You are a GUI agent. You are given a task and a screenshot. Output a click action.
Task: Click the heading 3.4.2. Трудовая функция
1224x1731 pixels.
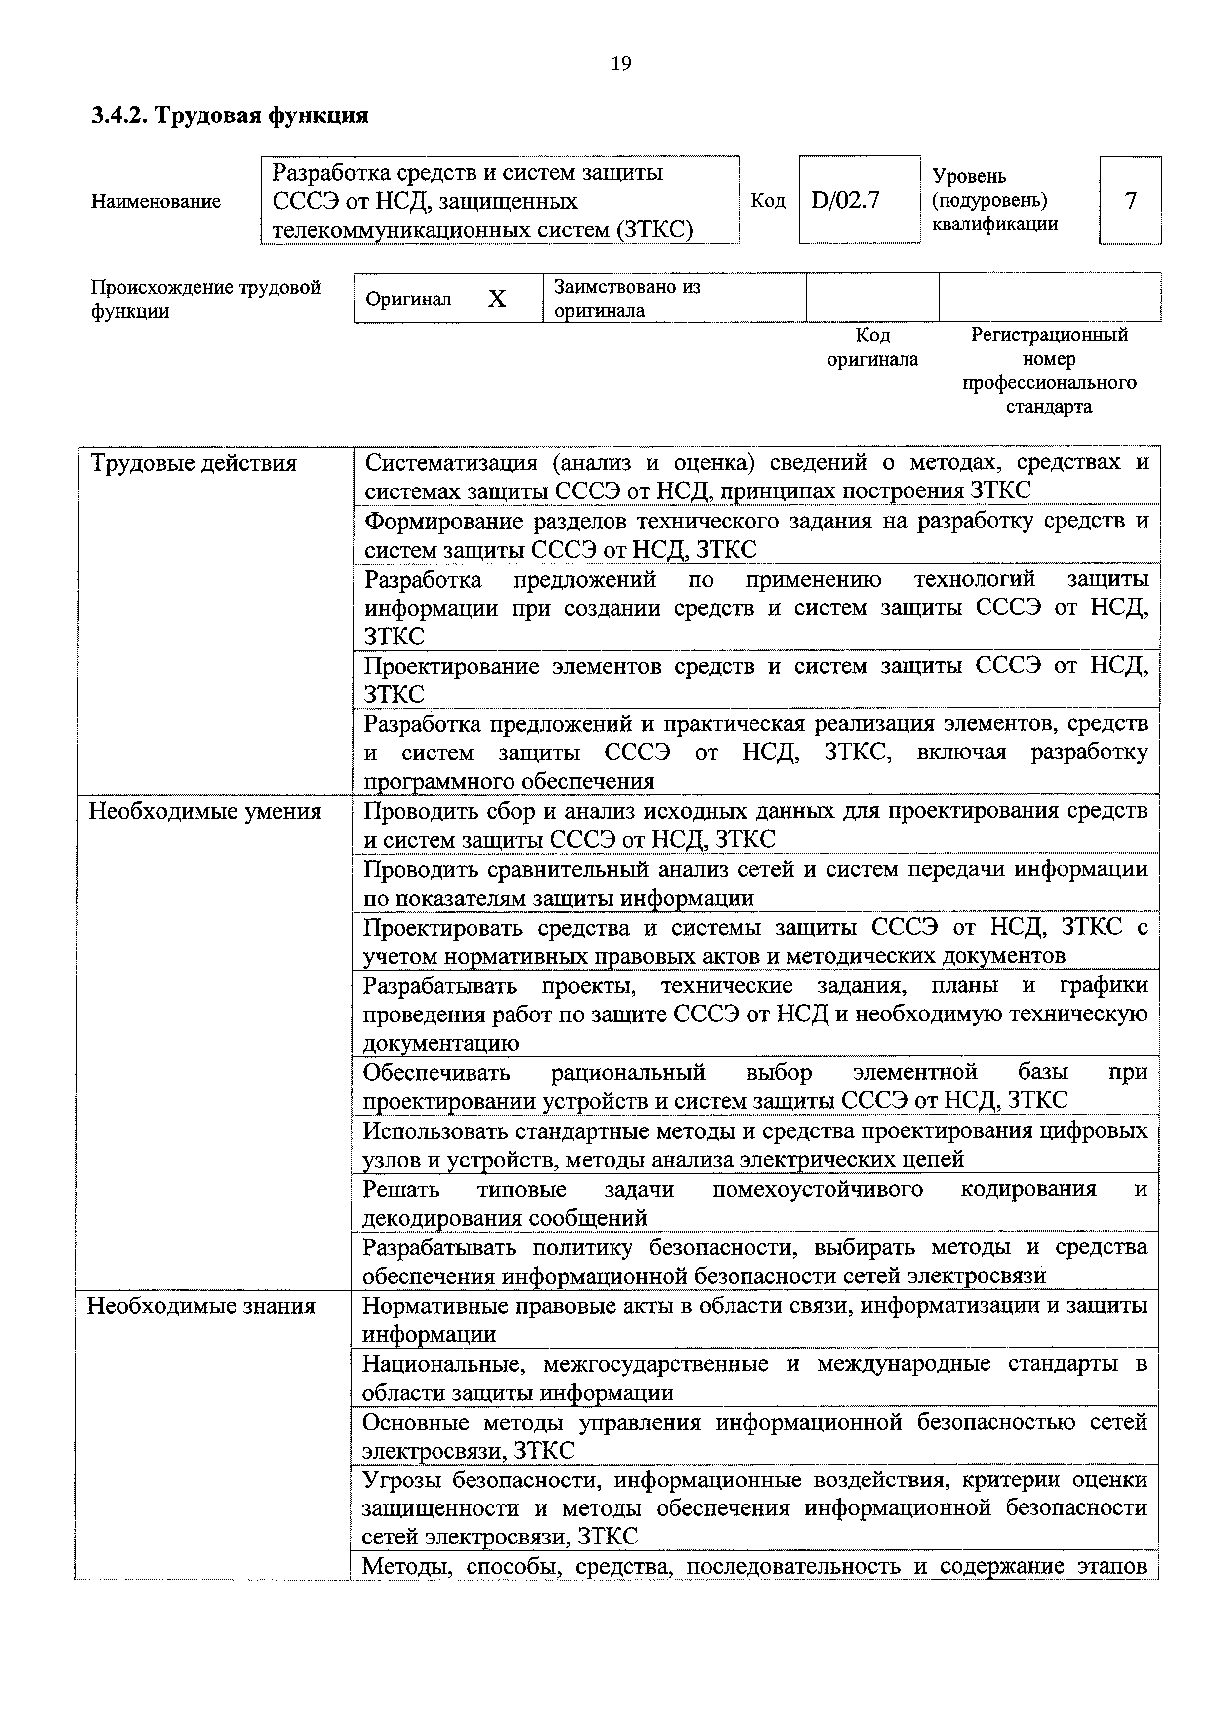230,115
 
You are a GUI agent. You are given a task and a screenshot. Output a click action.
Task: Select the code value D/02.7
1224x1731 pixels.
845,200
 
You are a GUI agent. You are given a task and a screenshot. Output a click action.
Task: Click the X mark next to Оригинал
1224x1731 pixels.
496,300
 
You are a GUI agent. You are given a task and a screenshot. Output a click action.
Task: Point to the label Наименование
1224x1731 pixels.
156,201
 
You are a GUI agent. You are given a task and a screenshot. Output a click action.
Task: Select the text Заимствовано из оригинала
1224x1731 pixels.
628,299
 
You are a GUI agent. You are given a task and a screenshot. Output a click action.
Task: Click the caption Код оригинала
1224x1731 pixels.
872,347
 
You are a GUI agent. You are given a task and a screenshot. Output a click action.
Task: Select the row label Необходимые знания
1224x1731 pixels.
201,1305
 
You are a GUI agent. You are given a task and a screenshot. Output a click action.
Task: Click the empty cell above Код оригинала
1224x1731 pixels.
872,298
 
